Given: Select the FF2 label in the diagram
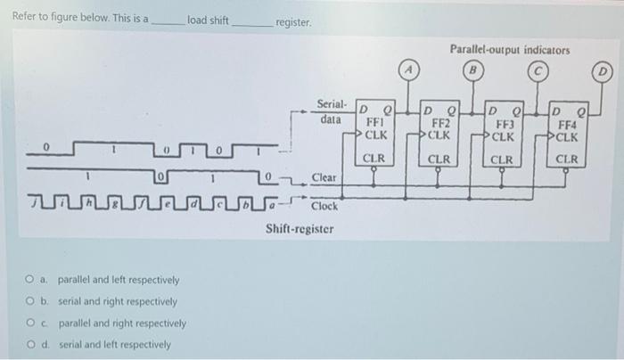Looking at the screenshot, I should [440, 124].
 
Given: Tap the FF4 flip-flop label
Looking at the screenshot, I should [568, 126].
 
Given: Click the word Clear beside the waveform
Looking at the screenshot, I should [324, 177].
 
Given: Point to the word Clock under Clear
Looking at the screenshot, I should [324, 206].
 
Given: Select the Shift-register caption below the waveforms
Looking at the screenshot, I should [300, 229].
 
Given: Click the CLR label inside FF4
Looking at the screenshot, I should [568, 160].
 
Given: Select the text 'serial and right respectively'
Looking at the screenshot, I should [118, 301].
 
